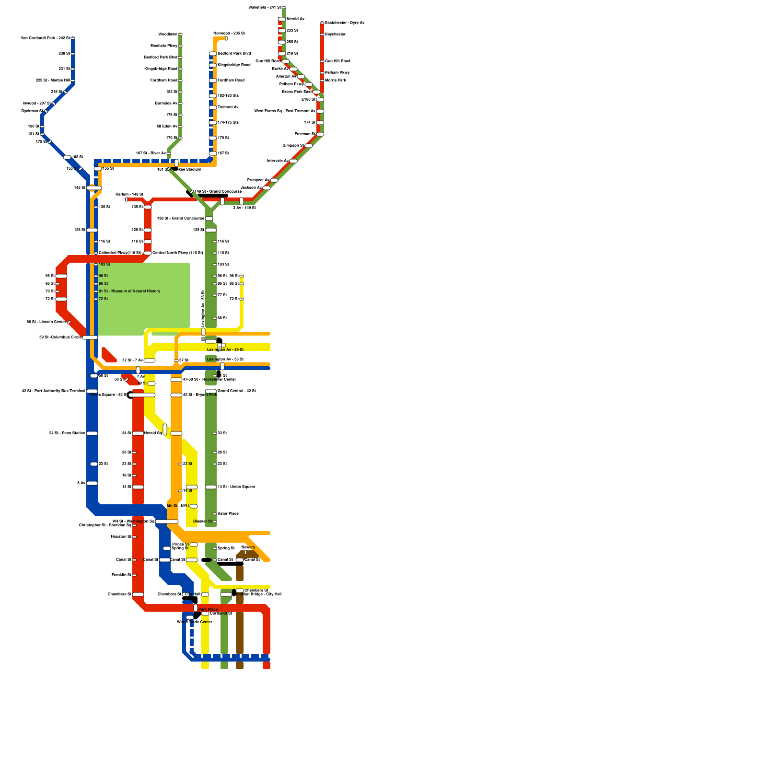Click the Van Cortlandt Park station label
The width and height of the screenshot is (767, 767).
point(46,38)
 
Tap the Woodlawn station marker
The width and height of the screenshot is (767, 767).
point(180,35)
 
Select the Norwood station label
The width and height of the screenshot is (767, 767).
point(229,33)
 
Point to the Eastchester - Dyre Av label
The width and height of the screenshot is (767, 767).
point(344,23)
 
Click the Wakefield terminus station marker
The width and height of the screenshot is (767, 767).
point(284,8)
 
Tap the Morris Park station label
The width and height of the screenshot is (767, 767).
point(335,80)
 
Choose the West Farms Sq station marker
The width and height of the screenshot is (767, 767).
point(320,111)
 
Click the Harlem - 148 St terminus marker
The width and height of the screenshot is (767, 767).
point(127,199)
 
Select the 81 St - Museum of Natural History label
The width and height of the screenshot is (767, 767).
point(129,291)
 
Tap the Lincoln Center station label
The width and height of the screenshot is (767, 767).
point(46,322)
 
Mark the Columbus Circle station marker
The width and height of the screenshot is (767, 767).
point(90,337)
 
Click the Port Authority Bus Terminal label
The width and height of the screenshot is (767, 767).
point(53,391)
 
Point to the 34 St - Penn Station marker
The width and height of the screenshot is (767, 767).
point(92,433)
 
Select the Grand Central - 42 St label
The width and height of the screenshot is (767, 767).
point(236,391)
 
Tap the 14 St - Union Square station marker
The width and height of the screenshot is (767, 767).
point(211,487)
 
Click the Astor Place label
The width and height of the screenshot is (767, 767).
point(228,513)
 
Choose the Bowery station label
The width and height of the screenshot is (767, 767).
point(248,547)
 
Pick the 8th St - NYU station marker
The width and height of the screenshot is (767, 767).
point(194,506)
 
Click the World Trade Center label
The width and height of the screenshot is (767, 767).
point(195,622)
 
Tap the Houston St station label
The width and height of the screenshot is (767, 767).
point(121,536)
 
